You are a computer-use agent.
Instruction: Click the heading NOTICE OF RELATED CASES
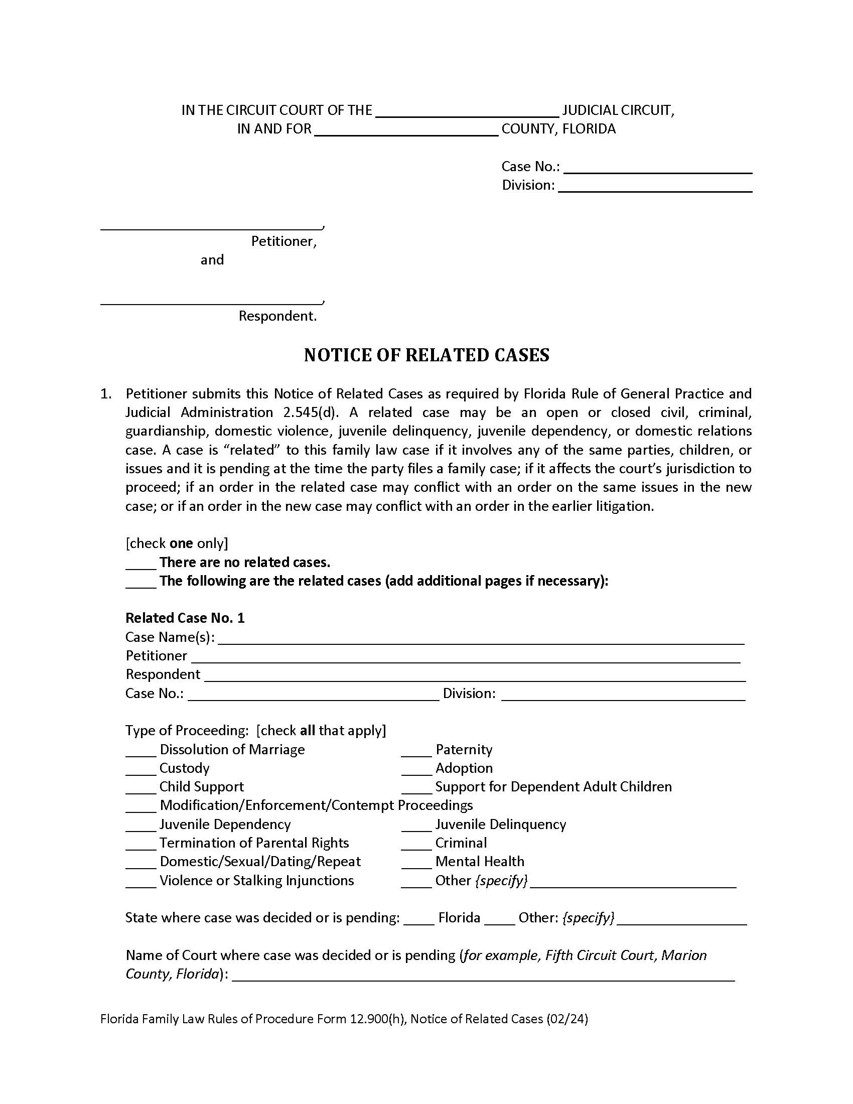[426, 355]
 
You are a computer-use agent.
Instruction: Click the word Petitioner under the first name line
[283, 242]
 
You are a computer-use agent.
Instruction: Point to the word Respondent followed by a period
[277, 317]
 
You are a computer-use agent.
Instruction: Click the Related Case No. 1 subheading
[185, 618]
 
